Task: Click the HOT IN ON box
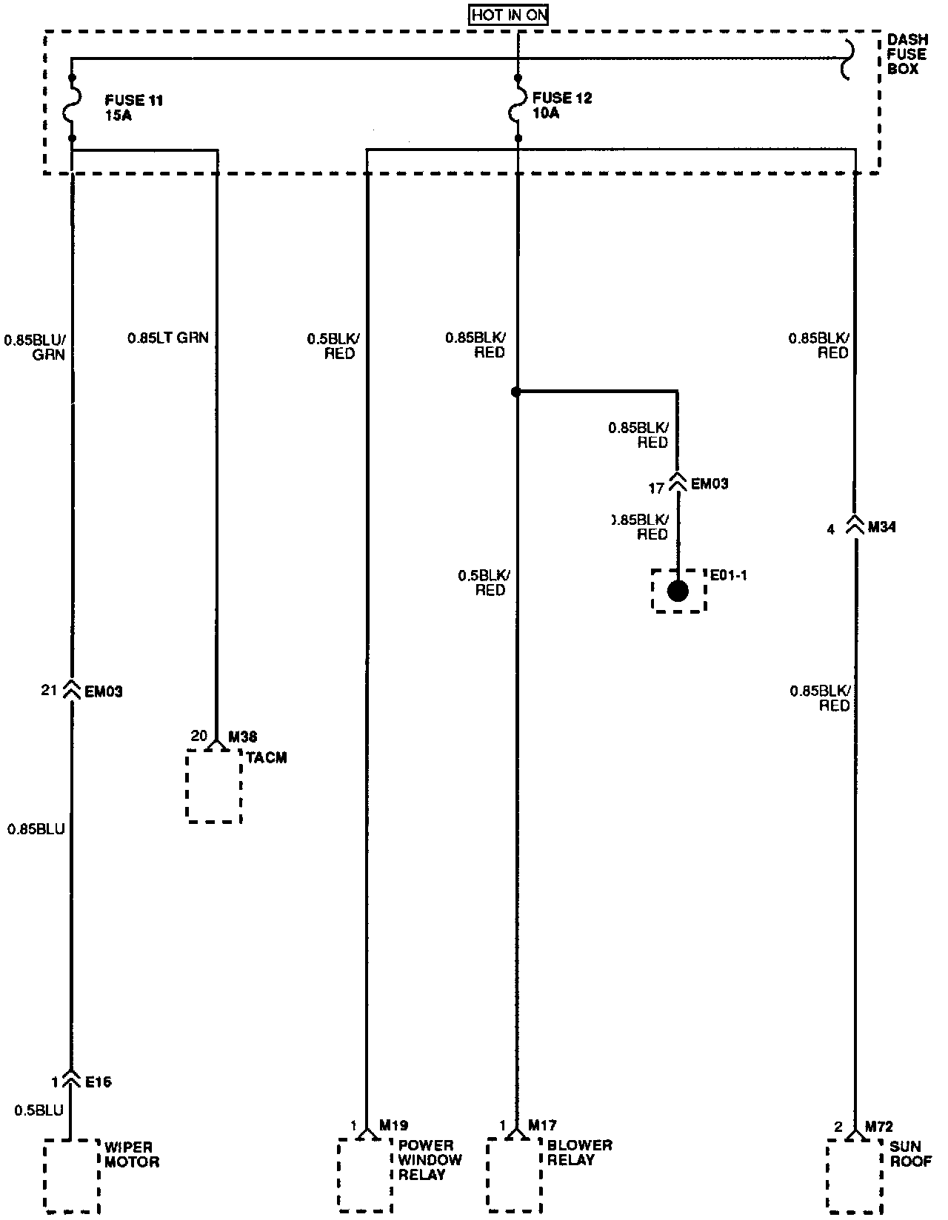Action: pos(509,15)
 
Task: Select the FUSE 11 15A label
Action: pos(133,107)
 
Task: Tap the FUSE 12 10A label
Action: pos(562,105)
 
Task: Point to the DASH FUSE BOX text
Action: pos(907,54)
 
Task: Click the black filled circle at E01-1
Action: pos(678,591)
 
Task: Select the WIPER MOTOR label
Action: pos(132,1154)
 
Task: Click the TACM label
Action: pos(266,758)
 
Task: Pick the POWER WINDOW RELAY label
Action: pos(430,1159)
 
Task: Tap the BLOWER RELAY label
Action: pos(580,1152)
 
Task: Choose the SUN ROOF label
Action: pos(910,1153)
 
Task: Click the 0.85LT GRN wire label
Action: pos(168,338)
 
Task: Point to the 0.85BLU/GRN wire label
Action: pos(35,347)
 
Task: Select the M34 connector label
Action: pos(881,528)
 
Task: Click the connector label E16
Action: pos(99,1082)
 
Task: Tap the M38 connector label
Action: pos(243,737)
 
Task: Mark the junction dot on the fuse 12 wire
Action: pos(516,392)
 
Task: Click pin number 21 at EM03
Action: pos(50,691)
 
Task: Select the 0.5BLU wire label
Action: pos(39,1110)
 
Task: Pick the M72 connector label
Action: pos(879,1127)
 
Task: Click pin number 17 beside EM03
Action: pos(656,489)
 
